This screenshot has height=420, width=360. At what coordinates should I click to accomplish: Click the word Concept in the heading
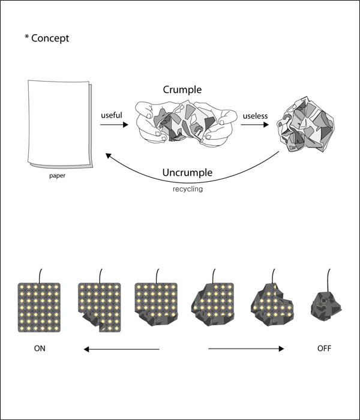pos(50,38)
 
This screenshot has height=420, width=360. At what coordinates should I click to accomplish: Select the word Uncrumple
pos(188,173)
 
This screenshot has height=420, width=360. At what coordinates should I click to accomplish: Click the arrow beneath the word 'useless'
pos(254,125)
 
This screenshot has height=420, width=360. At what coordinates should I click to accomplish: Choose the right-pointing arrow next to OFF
pos(246,349)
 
